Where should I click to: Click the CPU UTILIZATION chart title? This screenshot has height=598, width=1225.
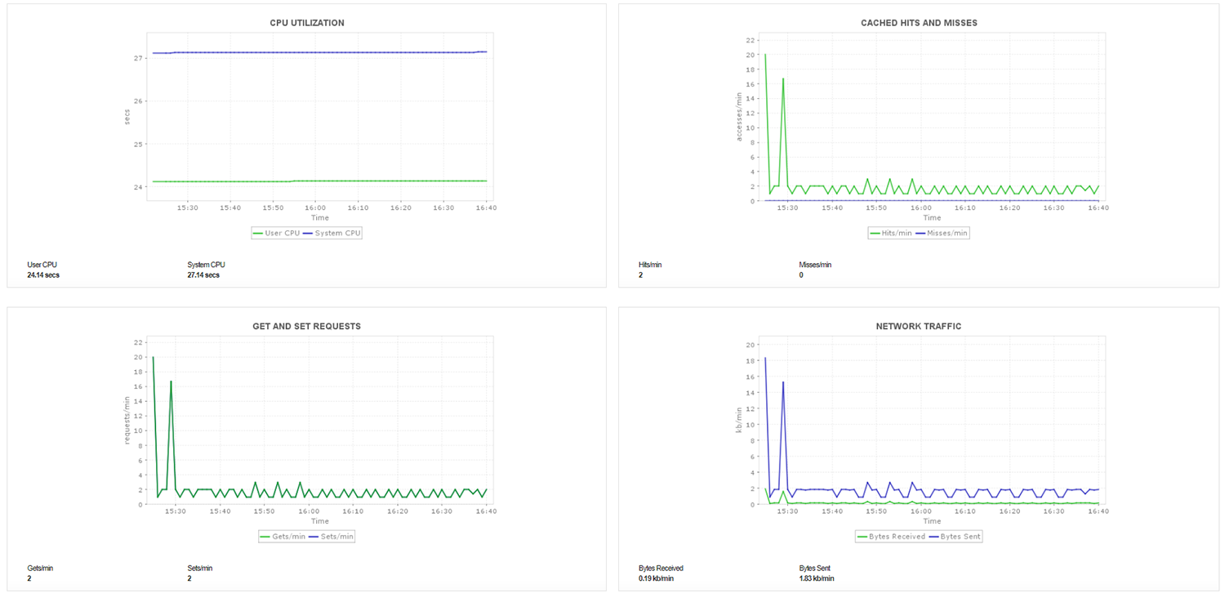click(306, 23)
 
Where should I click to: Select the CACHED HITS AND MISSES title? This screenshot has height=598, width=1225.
click(919, 23)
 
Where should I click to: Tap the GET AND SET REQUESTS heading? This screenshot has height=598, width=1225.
click(306, 326)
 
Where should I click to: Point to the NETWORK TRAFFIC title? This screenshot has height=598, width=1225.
click(919, 326)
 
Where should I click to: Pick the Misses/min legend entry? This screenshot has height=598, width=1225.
click(946, 233)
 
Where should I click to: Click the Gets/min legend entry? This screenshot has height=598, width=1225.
click(282, 537)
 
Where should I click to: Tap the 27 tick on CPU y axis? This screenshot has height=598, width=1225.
click(140, 58)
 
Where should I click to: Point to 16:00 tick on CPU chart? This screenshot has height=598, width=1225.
click(315, 208)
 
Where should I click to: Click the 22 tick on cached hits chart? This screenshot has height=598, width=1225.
click(750, 40)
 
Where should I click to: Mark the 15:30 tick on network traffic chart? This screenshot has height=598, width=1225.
click(788, 511)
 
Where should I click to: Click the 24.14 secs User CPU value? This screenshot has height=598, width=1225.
click(43, 275)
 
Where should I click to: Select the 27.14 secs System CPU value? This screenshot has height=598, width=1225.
click(203, 275)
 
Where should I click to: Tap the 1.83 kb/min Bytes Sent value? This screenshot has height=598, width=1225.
click(817, 578)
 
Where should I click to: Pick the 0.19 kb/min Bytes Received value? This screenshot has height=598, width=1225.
click(657, 578)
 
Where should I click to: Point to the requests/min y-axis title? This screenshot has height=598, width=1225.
click(127, 420)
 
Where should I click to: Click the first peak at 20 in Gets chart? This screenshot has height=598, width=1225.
click(153, 357)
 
